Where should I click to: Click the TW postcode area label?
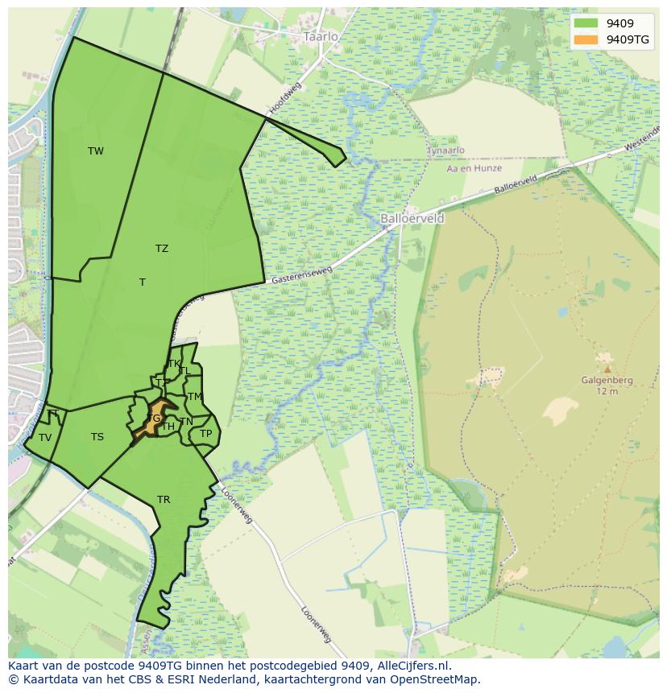[96, 151]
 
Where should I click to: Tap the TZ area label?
[162, 249]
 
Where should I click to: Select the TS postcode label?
[97, 437]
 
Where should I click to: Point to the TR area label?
[164, 500]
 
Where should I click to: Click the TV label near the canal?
[45, 438]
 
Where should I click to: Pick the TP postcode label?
[205, 434]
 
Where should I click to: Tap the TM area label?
[195, 397]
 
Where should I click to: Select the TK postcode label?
[174, 364]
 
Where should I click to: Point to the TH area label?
[168, 427]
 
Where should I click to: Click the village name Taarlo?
[321, 37]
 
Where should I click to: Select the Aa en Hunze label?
[474, 168]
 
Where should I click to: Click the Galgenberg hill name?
[607, 381]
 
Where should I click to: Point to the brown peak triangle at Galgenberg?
[607, 369]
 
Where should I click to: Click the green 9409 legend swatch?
[586, 23]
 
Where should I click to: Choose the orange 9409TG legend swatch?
[586, 39]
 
